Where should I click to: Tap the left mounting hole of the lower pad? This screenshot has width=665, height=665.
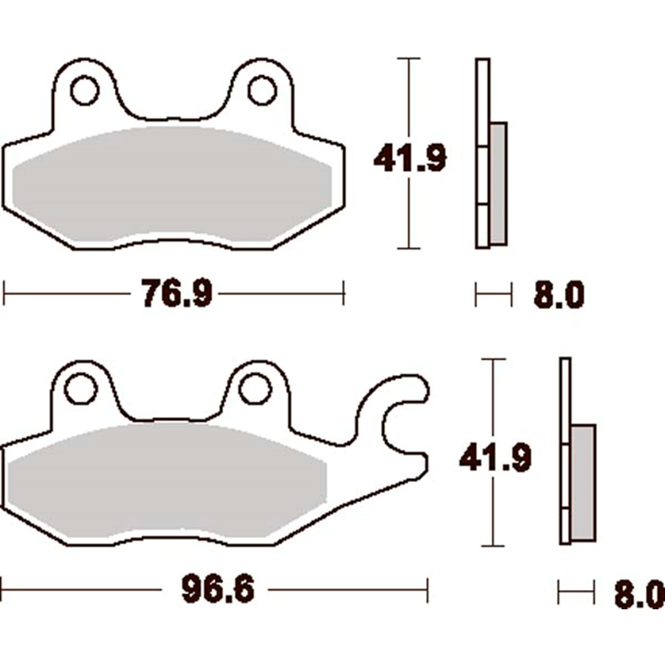tap(80, 388)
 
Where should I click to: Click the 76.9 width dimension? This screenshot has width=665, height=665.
tap(177, 293)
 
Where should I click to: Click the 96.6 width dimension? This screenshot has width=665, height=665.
tap(218, 589)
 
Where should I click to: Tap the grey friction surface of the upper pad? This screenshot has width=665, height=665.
tap(173, 184)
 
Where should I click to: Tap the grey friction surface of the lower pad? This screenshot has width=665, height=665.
tap(166, 481)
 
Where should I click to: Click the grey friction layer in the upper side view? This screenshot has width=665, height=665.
tap(498, 184)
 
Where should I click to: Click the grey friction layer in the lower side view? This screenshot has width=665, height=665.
tap(583, 485)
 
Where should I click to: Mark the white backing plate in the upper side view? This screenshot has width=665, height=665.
tap(482, 104)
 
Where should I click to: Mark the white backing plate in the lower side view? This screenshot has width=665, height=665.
tap(565, 398)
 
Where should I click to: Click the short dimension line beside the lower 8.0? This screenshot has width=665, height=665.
tap(576, 592)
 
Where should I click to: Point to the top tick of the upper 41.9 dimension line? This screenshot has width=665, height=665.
tap(409, 59)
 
